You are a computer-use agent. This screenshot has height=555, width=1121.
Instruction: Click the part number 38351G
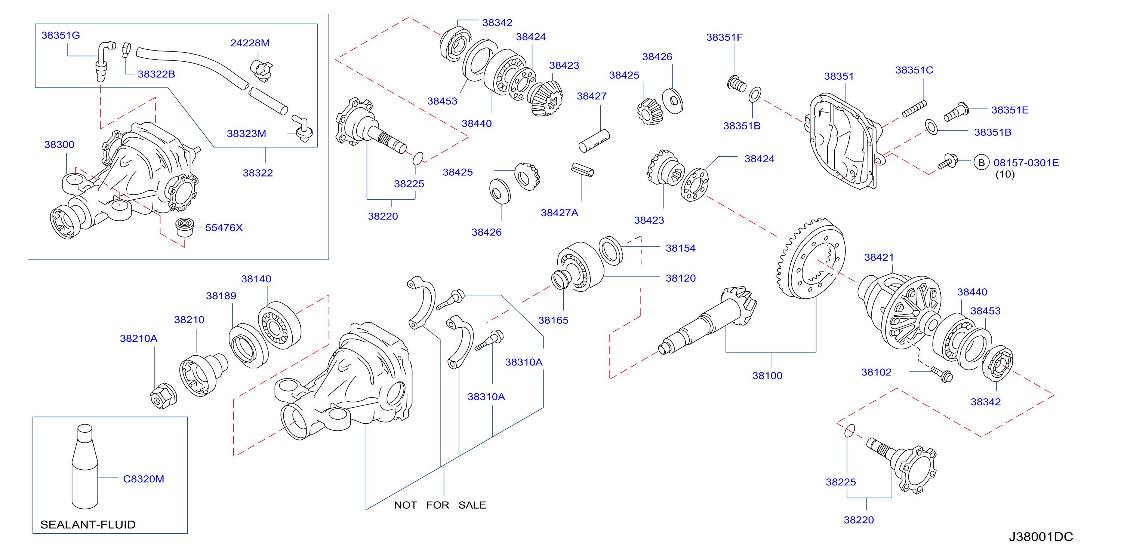[61, 35]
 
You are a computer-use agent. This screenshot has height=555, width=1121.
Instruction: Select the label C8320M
[144, 479]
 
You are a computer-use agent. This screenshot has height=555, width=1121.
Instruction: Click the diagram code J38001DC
[1041, 537]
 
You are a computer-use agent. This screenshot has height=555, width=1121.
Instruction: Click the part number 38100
[767, 375]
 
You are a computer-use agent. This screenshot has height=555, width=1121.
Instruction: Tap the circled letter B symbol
[981, 163]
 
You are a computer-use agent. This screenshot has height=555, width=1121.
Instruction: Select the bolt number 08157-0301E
[1026, 163]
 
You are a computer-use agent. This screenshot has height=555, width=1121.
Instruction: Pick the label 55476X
[224, 228]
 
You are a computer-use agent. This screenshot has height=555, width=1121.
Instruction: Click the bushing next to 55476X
[185, 227]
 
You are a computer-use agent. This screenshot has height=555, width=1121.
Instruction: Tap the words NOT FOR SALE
[440, 505]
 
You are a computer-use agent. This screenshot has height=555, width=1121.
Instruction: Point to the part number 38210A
[139, 338]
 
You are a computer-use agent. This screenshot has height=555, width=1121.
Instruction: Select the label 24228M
[250, 43]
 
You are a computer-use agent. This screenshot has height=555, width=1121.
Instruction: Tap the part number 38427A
[559, 213]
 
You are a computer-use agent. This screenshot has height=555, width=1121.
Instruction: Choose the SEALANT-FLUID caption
[88, 525]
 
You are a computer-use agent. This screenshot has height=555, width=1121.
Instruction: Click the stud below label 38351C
[914, 109]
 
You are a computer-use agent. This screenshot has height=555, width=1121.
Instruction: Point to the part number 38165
[553, 321]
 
